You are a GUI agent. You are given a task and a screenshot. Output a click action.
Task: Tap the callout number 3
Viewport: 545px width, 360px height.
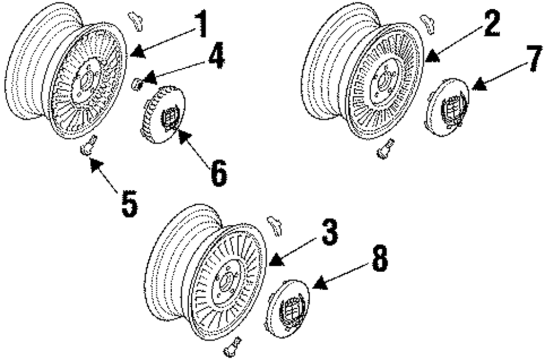(x=328, y=233)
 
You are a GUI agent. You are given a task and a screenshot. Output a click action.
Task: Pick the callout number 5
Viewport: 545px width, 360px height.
(x=129, y=204)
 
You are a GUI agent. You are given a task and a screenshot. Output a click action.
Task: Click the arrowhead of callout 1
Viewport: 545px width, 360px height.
(x=136, y=51)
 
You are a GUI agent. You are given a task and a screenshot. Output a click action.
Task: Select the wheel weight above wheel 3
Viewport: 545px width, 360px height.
(x=274, y=224)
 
